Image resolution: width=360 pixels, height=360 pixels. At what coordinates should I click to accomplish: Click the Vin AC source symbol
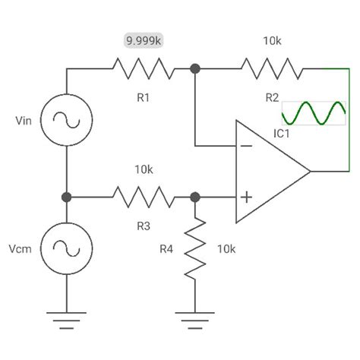click(x=66, y=120)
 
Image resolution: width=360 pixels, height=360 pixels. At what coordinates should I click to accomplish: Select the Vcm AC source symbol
click(x=66, y=248)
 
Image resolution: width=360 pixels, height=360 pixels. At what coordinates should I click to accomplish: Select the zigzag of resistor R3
click(x=143, y=197)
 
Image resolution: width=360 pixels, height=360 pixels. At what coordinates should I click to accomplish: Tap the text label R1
click(x=143, y=96)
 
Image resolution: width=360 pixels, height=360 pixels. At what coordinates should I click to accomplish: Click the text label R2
click(x=272, y=96)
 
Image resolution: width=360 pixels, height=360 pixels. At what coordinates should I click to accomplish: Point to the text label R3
click(x=143, y=225)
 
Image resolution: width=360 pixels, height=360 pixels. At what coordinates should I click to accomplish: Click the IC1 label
click(x=282, y=134)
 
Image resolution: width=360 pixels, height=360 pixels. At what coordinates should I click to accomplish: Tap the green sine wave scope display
click(x=314, y=113)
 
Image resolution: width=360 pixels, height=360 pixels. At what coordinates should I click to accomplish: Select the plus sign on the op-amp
click(x=245, y=197)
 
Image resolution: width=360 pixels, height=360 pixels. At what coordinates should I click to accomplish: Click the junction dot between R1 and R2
click(x=195, y=68)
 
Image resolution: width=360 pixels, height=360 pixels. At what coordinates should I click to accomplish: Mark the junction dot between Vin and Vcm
click(x=66, y=197)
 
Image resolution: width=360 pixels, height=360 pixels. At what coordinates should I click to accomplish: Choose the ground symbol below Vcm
click(x=66, y=317)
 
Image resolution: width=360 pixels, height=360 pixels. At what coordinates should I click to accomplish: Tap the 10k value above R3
click(x=143, y=169)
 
